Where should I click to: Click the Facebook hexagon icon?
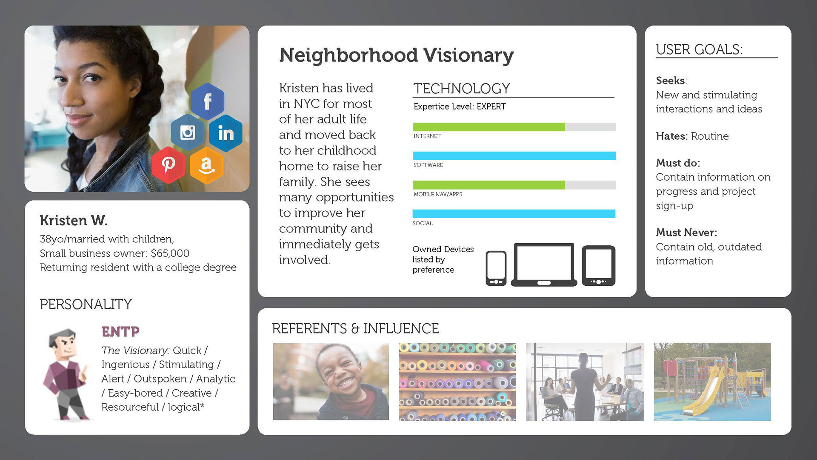(x=207, y=101)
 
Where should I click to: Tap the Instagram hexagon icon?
(x=188, y=132)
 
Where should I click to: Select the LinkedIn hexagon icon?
(x=226, y=133)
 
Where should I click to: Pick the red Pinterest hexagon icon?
(x=169, y=165)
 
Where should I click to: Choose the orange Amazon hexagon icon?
(x=206, y=165)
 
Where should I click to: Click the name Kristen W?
(x=74, y=220)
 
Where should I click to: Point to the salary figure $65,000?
(x=170, y=253)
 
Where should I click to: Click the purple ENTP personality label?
(x=120, y=331)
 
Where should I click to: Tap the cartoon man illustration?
(x=66, y=374)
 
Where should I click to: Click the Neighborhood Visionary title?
(x=397, y=55)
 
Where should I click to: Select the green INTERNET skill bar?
(x=489, y=127)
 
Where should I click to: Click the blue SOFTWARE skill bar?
(x=514, y=156)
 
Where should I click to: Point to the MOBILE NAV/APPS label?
(x=438, y=194)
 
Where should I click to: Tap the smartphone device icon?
(x=496, y=268)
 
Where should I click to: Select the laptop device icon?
(x=544, y=264)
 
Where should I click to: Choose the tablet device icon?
(x=599, y=265)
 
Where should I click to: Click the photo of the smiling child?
(x=331, y=382)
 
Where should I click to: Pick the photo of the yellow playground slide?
(x=712, y=382)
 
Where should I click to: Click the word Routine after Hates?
(x=710, y=136)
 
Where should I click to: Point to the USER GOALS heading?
(x=699, y=49)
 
